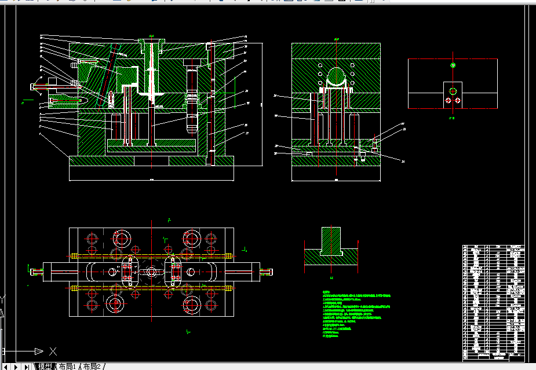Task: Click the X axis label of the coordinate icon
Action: [x=53, y=351]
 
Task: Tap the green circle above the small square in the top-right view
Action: [x=453, y=65]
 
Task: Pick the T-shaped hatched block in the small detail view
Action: [x=331, y=243]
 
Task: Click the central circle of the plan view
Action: [x=151, y=271]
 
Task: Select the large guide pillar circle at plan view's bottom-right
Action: [x=191, y=304]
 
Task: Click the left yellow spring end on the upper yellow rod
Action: [x=74, y=255]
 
